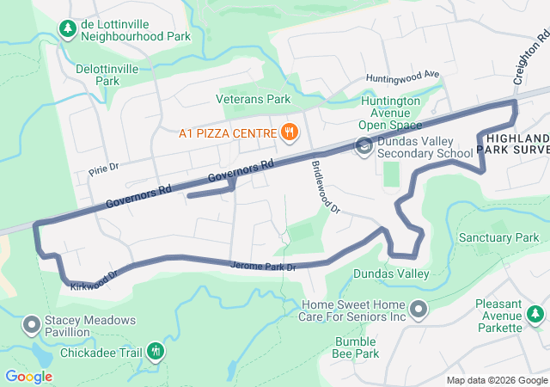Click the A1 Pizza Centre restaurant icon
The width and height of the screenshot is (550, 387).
[290, 132]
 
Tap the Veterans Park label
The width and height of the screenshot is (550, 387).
[253, 99]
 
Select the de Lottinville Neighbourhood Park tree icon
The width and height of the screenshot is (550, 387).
[67, 30]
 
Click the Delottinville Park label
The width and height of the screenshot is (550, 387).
[107, 74]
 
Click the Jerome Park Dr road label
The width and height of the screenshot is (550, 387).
[263, 267]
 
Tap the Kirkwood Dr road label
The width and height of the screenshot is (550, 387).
[94, 279]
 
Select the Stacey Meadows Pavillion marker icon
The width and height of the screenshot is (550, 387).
[33, 324]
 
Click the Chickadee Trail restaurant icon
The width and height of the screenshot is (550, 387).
[156, 350]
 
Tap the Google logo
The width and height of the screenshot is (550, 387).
[29, 376]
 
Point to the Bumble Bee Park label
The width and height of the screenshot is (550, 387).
[356, 347]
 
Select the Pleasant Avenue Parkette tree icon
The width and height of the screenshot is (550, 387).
[536, 316]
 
